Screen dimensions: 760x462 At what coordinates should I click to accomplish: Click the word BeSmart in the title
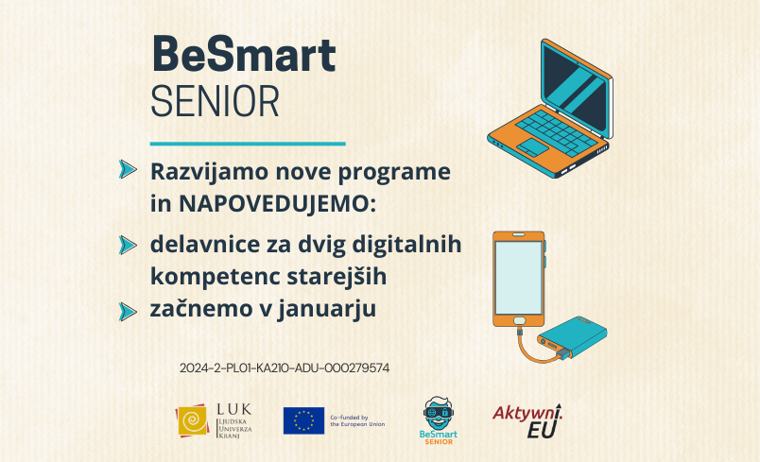coord(243,55)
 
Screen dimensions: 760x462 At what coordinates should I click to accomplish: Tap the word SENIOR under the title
coord(215,102)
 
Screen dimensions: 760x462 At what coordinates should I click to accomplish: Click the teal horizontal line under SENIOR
coord(248,144)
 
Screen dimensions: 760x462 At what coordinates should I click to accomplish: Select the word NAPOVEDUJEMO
coord(278,204)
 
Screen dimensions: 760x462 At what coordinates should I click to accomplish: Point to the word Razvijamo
coord(210,172)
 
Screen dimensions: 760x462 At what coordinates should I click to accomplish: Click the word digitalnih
coord(406,245)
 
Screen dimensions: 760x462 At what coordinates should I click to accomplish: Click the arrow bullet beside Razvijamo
coord(128,169)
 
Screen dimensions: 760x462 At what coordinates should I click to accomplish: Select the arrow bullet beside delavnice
coord(128,245)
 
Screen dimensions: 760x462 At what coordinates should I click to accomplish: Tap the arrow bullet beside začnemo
coord(128,312)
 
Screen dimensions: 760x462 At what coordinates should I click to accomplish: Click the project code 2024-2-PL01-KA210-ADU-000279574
coord(285,368)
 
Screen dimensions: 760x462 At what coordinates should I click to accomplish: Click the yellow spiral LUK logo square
coord(193,420)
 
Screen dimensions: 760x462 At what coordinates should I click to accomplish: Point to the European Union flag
coord(303,420)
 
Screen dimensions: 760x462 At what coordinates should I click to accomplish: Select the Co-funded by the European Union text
coord(357,420)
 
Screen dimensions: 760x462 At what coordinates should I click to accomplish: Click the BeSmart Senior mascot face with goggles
coord(439,413)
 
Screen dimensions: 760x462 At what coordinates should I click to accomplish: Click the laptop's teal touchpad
coord(532,146)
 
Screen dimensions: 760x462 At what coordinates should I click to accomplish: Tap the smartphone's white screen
coord(518,278)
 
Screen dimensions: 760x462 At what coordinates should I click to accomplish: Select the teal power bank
coord(573,337)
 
